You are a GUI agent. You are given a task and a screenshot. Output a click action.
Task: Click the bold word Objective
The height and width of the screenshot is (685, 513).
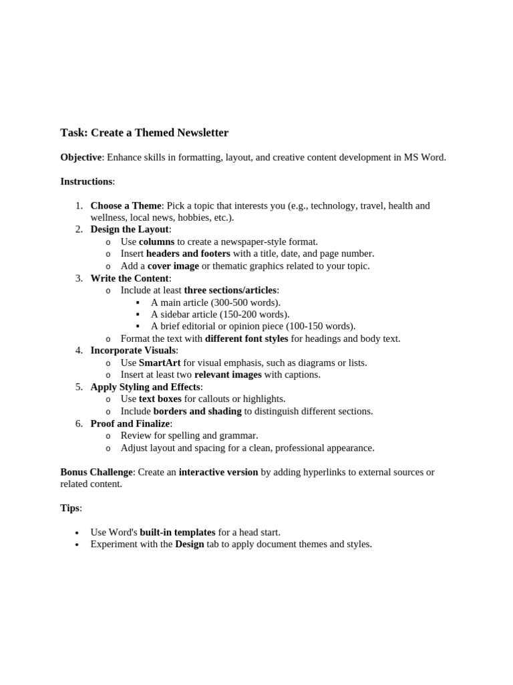pyautogui.click(x=81, y=157)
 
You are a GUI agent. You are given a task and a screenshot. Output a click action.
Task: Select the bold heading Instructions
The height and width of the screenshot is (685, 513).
pyautogui.click(x=86, y=181)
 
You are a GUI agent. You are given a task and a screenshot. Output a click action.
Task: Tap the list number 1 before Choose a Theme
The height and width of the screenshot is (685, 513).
pyautogui.click(x=79, y=205)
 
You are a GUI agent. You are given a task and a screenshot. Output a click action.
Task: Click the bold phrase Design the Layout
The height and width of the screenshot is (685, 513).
pyautogui.click(x=130, y=229)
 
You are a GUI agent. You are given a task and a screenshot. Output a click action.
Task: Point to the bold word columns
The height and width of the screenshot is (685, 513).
pyautogui.click(x=156, y=241)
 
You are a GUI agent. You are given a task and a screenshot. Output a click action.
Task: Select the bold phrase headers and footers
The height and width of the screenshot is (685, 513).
pyautogui.click(x=188, y=254)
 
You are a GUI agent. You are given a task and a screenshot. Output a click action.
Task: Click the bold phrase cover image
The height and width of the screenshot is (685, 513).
pyautogui.click(x=173, y=266)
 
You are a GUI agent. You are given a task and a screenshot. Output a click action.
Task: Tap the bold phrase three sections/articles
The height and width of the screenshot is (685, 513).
pyautogui.click(x=230, y=290)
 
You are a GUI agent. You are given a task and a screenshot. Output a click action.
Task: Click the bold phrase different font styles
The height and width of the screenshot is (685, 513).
pyautogui.click(x=246, y=338)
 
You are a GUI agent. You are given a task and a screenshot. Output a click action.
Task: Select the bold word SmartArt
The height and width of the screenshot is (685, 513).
pyautogui.click(x=160, y=363)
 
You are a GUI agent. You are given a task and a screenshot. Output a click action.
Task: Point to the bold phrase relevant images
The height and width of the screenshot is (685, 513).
pyautogui.click(x=228, y=375)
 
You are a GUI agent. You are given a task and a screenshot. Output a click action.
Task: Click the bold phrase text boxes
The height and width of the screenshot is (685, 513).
pyautogui.click(x=160, y=399)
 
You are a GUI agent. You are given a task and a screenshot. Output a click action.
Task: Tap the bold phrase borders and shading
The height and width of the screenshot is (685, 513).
pyautogui.click(x=197, y=411)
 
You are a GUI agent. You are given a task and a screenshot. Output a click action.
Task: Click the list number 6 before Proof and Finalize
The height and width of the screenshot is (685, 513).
pyautogui.click(x=79, y=423)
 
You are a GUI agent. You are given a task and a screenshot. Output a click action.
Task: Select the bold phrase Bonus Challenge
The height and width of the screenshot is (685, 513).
pyautogui.click(x=96, y=472)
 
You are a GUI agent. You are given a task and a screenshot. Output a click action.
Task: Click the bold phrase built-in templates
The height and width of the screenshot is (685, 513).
pyautogui.click(x=177, y=532)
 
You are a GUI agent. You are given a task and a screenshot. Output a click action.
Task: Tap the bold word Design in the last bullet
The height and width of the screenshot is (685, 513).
pyautogui.click(x=189, y=544)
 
